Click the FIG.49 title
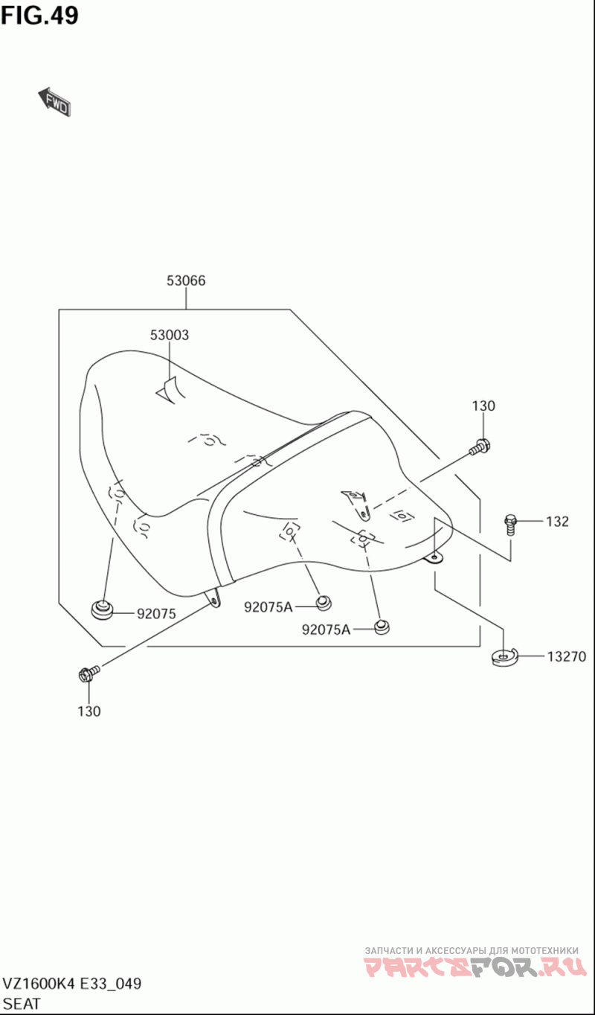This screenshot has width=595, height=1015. [x=39, y=16]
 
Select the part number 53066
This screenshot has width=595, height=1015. [x=186, y=281]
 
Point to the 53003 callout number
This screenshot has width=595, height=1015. [x=170, y=335]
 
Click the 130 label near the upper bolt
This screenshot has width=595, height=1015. [x=483, y=406]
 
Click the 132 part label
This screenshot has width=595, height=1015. [x=557, y=522]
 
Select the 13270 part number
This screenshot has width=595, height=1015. [x=567, y=656]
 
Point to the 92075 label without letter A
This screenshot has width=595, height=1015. [x=156, y=614]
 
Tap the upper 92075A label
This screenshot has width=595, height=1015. [x=268, y=607]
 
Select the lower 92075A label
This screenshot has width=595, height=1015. [x=326, y=630]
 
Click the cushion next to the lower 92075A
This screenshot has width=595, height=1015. [x=382, y=627]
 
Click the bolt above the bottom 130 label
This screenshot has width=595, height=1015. [x=89, y=673]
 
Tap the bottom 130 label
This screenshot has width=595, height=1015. [x=89, y=711]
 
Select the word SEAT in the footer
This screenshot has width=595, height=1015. [x=22, y=1003]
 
